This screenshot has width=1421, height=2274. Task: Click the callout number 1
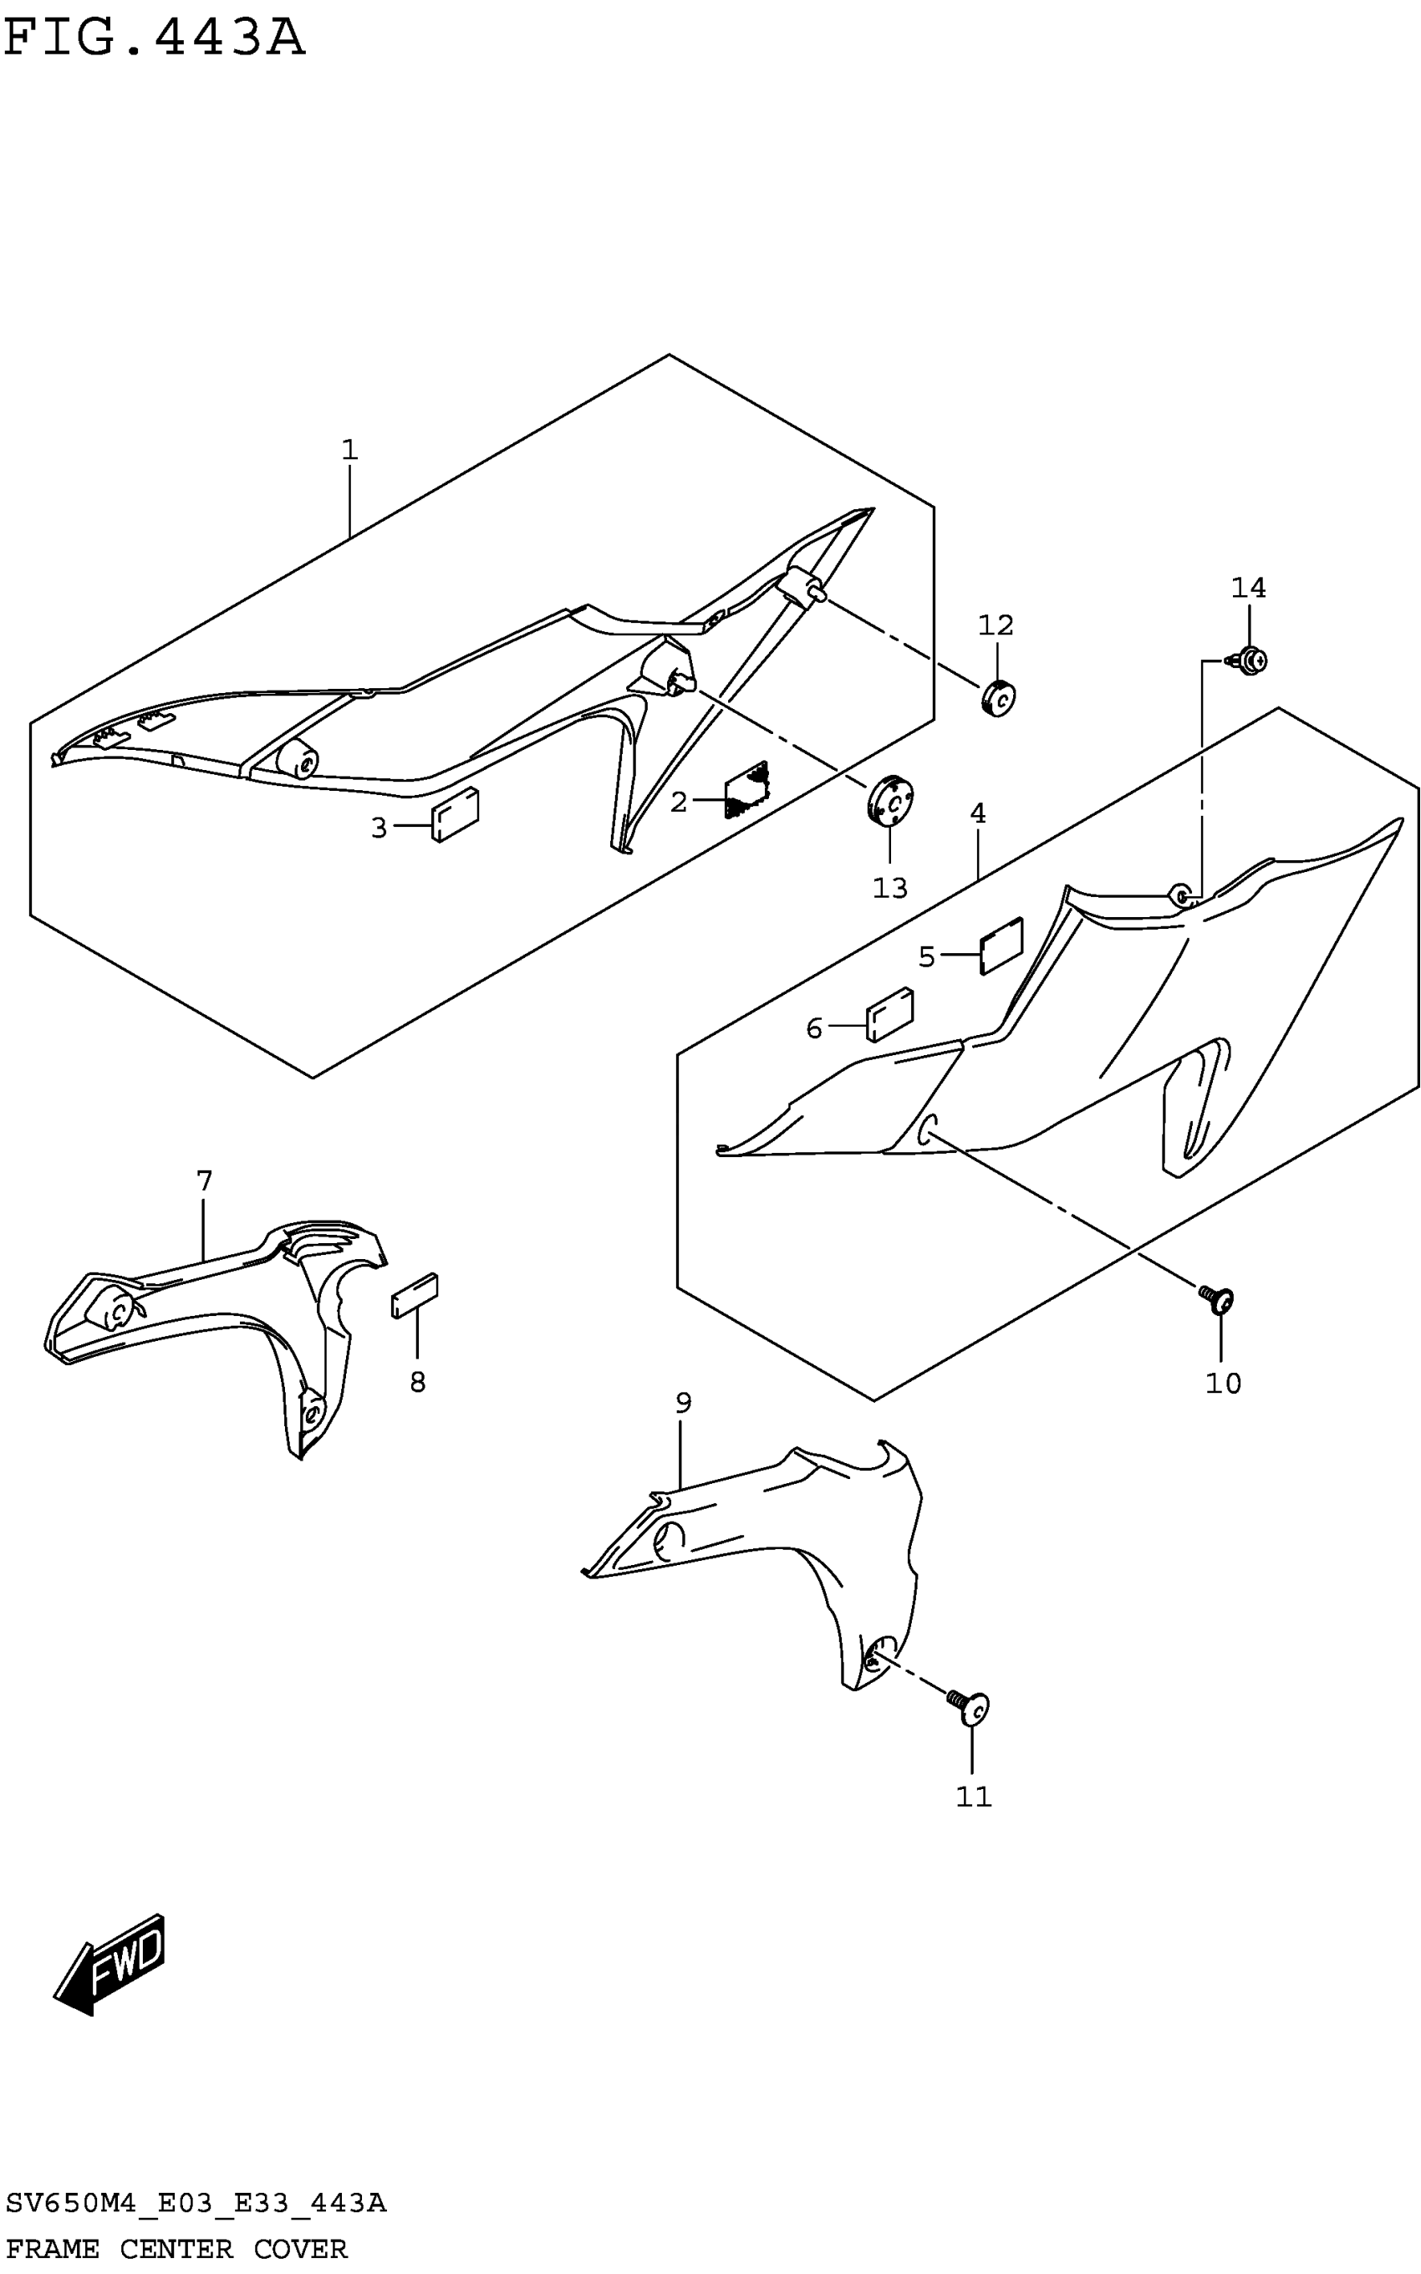coord(349,450)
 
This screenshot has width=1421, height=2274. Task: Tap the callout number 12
coord(996,625)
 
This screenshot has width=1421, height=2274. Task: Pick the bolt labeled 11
coord(973,1707)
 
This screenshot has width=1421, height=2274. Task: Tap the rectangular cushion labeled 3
coord(456,813)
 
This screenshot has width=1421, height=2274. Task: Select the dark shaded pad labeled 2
coord(747,788)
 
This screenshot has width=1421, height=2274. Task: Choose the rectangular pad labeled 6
coord(889,1015)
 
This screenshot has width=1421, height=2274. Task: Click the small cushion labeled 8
coord(415,1295)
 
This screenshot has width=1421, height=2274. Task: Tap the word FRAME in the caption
coord(53,2249)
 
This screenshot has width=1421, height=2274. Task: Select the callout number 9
coord(683,1403)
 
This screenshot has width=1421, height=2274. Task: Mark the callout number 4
coord(977,813)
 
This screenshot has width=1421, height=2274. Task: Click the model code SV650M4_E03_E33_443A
coord(196,2203)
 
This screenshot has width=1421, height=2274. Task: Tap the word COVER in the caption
coord(300,2249)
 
